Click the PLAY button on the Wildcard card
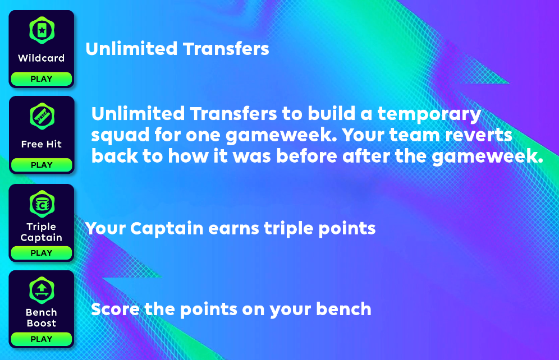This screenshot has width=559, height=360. tap(42, 79)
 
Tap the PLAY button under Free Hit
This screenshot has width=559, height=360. tap(42, 165)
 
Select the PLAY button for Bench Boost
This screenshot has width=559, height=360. tap(42, 339)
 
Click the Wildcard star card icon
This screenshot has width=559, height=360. tap(42, 30)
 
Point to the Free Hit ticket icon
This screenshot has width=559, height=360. tap(42, 116)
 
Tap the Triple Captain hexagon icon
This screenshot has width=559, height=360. tap(42, 204)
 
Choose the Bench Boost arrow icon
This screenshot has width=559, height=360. tap(42, 290)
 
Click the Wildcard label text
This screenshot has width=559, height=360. tap(42, 58)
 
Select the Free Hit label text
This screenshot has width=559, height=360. tap(42, 144)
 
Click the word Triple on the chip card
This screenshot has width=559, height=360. tap(42, 227)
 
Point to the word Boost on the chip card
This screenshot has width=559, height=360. tap(42, 324)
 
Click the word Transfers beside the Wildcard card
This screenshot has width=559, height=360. tap(226, 49)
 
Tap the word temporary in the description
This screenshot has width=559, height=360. tap(429, 115)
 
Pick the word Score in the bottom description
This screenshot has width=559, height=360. tap(115, 309)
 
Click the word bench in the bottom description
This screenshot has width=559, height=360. tap(343, 309)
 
